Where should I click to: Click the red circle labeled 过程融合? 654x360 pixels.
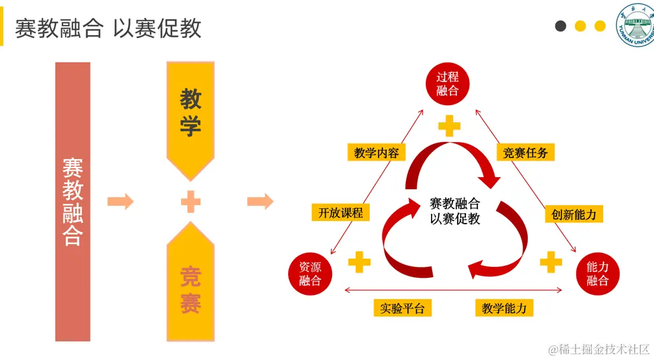pyautogui.click(x=447, y=83)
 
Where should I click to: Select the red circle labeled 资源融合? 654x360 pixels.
pyautogui.click(x=310, y=273)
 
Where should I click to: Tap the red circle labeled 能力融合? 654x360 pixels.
pyautogui.click(x=598, y=273)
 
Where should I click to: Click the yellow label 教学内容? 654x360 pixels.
pyautogui.click(x=377, y=153)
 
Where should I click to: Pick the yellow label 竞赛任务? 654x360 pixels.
pyautogui.click(x=525, y=153)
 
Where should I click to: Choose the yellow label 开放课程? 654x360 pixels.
pyautogui.click(x=341, y=213)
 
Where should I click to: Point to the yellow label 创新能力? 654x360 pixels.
pyautogui.click(x=574, y=214)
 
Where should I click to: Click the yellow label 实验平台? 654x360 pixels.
pyautogui.click(x=402, y=308)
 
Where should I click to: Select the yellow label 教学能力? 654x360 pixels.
pyautogui.click(x=504, y=308)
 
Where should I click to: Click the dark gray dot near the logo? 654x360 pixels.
pyautogui.click(x=561, y=26)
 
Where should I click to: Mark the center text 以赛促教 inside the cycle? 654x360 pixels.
pyautogui.click(x=455, y=219)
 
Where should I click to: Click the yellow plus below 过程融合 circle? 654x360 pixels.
pyautogui.click(x=449, y=126)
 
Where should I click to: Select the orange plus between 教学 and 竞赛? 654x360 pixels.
pyautogui.click(x=191, y=202)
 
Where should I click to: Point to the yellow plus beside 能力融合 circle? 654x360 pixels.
pyautogui.click(x=551, y=261)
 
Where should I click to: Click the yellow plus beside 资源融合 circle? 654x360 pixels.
pyautogui.click(x=359, y=261)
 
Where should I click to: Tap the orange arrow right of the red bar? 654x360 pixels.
pyautogui.click(x=120, y=202)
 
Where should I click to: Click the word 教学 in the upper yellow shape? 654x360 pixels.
pyautogui.click(x=191, y=113)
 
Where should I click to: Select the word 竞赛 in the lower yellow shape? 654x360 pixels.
pyautogui.click(x=191, y=291)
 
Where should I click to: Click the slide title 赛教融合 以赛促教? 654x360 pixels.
pyautogui.click(x=108, y=29)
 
